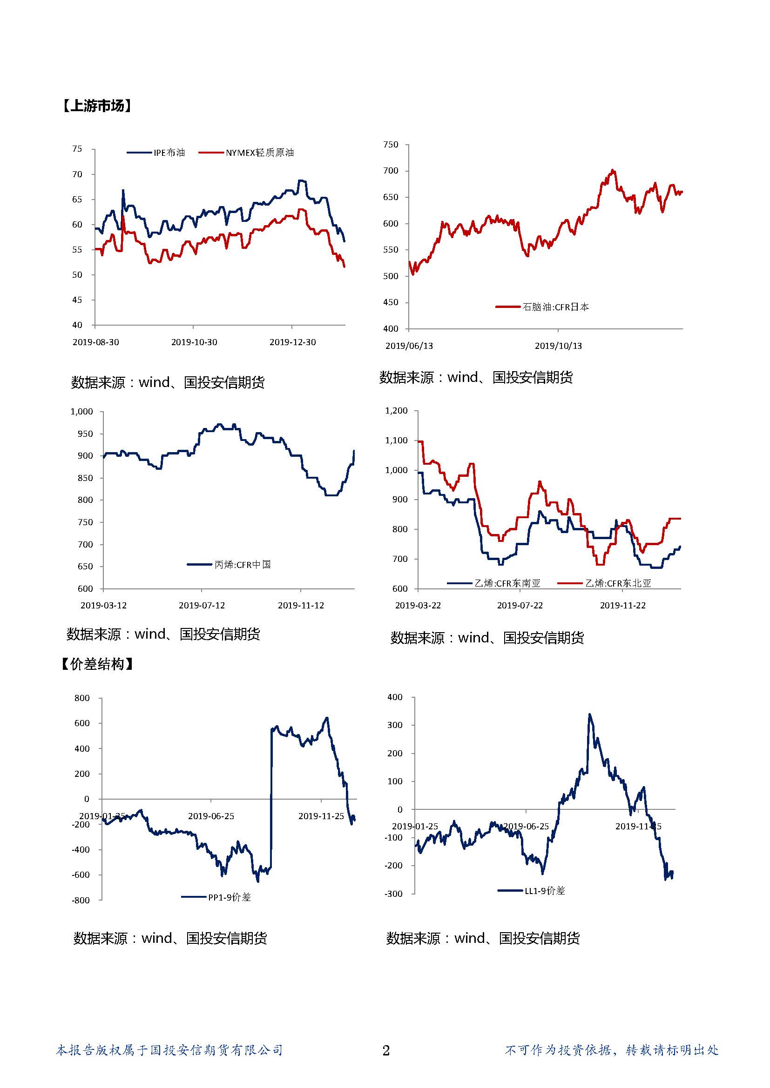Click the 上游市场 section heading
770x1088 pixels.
tap(96, 106)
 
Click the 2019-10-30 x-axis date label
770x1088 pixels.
tap(194, 342)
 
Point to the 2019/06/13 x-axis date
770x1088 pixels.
tap(409, 346)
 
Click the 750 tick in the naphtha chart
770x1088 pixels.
tap(391, 145)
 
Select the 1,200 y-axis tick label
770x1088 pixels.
tap(396, 411)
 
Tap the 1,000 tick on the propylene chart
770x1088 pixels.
tap(81, 411)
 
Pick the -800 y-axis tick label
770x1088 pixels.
tap(81, 901)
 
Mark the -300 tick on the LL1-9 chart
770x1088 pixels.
tap(393, 894)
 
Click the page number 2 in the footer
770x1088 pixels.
tap(386, 1051)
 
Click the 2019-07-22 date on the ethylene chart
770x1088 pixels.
tap(520, 606)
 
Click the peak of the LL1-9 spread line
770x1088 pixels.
tap(589, 714)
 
